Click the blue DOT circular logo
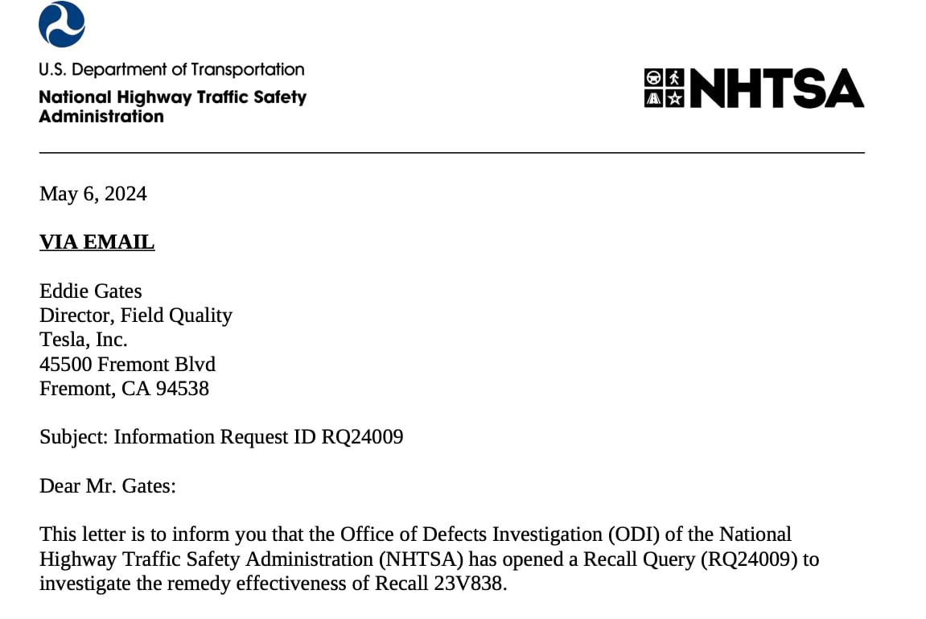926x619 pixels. point(62,24)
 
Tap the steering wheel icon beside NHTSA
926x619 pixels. point(654,78)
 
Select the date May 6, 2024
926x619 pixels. point(93,194)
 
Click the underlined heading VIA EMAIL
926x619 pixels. point(97,242)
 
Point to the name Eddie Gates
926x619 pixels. point(91,291)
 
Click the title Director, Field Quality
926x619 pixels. point(136,315)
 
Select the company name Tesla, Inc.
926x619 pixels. point(84,339)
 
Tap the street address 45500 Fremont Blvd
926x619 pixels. point(127,364)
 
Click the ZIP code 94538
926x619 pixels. point(183,388)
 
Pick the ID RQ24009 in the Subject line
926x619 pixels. point(362,437)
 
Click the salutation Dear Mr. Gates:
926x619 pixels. point(107,486)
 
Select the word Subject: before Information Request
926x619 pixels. point(73,437)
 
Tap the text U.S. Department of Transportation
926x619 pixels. point(171,70)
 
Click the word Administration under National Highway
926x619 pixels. point(101,117)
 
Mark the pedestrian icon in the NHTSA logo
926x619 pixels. point(674,78)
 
